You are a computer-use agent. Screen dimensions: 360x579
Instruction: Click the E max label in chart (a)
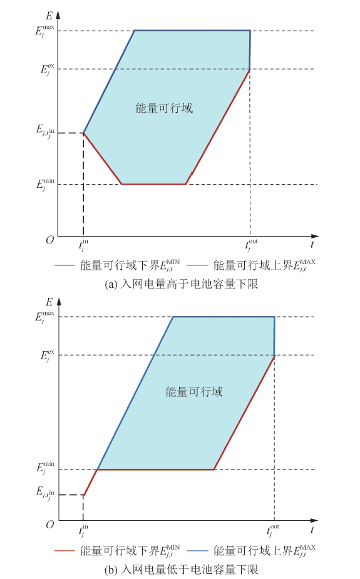point(45,30)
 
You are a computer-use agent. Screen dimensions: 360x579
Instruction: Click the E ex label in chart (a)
point(48,69)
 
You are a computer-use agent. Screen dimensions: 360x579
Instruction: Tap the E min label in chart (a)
point(46,184)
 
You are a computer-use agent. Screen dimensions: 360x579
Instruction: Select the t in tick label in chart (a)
point(83,245)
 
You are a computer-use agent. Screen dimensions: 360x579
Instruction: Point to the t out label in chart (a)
point(252,245)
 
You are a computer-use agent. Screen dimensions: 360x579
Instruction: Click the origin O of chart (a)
point(50,240)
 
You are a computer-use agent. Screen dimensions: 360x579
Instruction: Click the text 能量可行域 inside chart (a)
point(164,108)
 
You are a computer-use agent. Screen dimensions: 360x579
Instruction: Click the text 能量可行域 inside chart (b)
point(194,392)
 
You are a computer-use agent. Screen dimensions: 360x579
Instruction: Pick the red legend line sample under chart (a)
point(64,265)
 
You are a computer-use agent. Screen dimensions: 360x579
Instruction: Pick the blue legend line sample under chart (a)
point(198,265)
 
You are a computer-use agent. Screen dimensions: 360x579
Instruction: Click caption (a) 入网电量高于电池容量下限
point(182,284)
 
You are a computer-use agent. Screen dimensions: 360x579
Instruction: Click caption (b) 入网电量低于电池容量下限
point(182,570)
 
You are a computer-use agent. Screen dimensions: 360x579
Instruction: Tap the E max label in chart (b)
point(45,317)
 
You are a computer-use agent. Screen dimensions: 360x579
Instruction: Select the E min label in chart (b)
point(46,468)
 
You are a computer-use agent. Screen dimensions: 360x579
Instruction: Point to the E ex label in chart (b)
point(48,356)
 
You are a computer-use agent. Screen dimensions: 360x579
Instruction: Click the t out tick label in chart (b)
point(273,531)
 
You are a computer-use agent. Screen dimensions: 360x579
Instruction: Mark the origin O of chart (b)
point(50,525)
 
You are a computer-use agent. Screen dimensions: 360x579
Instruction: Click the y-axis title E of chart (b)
point(49,302)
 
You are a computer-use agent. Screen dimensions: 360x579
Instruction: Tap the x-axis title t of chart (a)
point(312,244)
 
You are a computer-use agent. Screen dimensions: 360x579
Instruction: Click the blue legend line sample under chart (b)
point(198,551)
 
